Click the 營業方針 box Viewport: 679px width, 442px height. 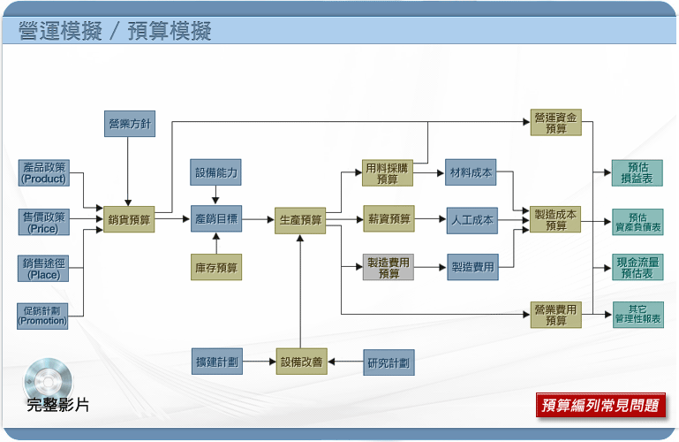point(130,124)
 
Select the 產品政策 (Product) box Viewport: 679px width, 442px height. point(44,173)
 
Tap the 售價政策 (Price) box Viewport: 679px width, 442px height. point(44,222)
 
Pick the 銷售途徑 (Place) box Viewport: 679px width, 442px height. point(43,269)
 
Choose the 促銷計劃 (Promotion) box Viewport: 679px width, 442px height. point(42,316)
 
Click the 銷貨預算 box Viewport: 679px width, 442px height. point(129,219)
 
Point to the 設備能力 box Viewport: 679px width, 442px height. point(215,172)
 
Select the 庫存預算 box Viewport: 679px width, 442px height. point(216,267)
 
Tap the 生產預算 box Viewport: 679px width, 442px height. point(300,221)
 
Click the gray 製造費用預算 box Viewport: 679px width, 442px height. point(389,267)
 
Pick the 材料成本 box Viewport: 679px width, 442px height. point(471,172)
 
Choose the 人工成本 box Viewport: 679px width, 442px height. point(472,221)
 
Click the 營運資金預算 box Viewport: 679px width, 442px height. point(556,122)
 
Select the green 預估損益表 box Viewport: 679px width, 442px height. point(637,173)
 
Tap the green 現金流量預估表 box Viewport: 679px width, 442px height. point(638,267)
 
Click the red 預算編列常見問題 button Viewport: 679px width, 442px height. point(600,405)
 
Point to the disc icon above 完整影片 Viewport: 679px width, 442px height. point(48,379)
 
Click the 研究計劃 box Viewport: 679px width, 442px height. point(389,362)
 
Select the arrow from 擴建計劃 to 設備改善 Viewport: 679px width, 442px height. point(260,362)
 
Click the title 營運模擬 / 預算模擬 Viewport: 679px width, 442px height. point(115,31)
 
